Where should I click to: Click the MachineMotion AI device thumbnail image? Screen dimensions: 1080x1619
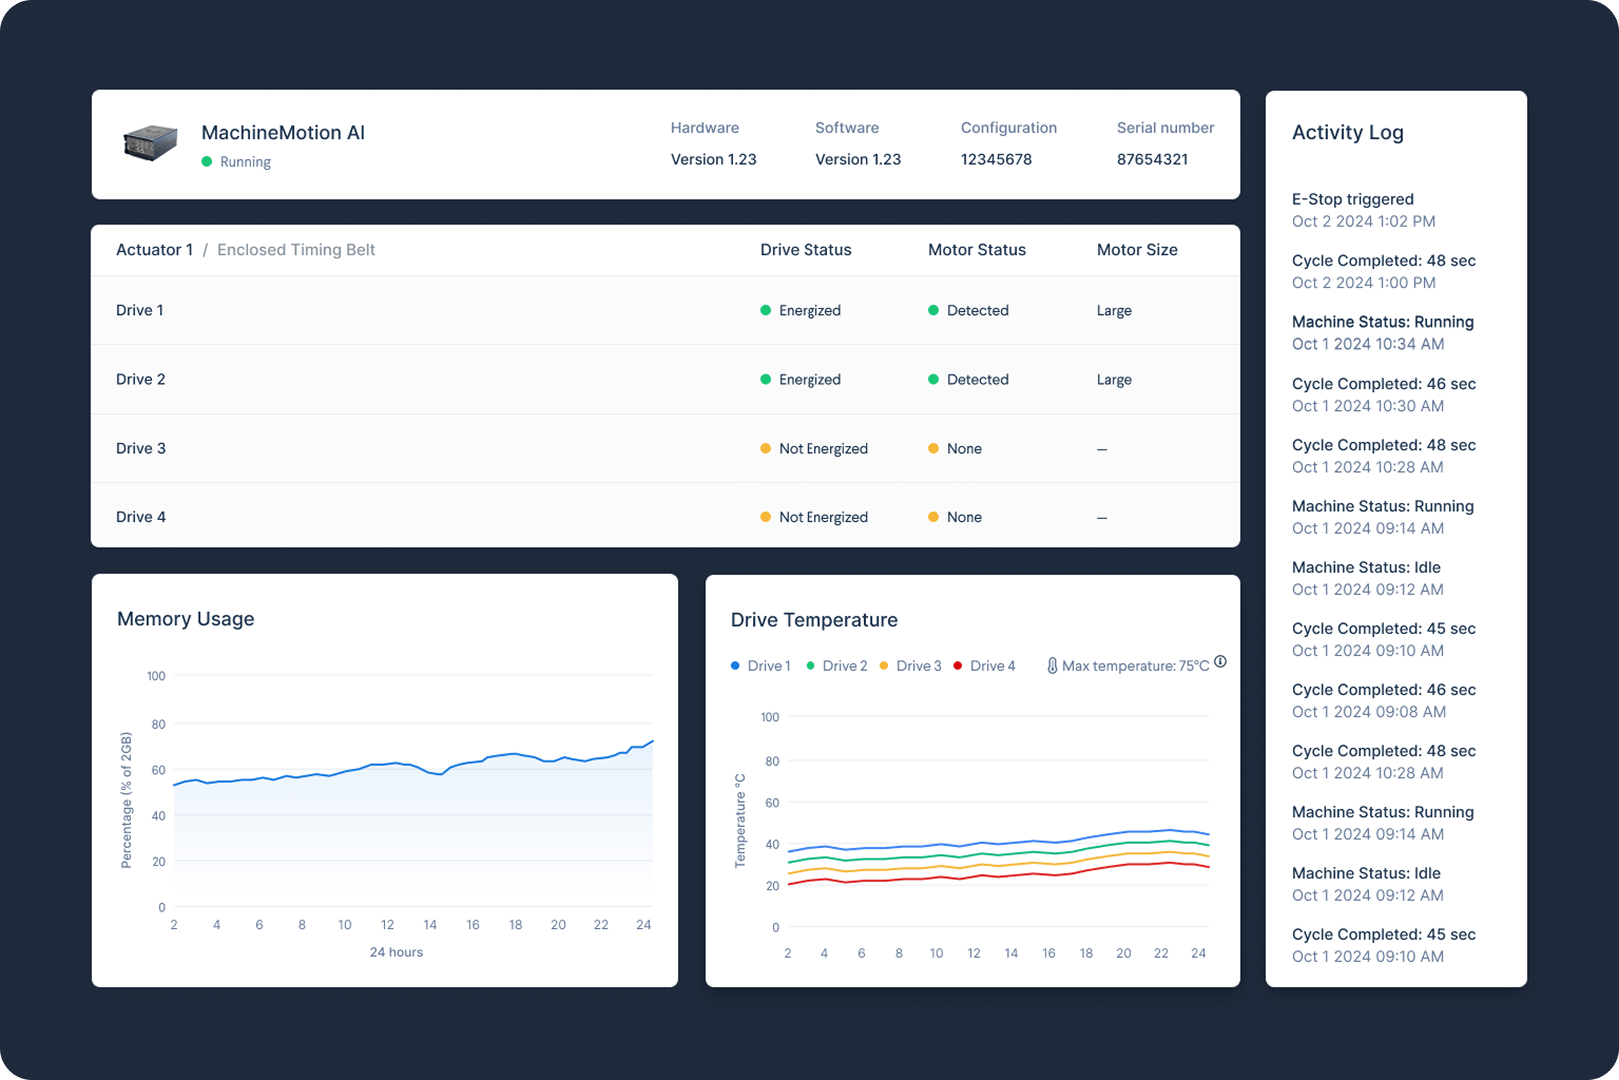(150, 143)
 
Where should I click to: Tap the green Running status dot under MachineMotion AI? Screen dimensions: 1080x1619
(207, 162)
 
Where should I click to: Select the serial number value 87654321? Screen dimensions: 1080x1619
(1152, 159)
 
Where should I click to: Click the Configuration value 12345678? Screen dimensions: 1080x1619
(996, 159)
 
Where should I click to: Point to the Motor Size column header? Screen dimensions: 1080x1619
(1137, 250)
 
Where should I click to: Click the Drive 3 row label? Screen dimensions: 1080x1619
(141, 448)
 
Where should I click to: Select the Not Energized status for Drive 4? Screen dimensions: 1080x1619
(822, 517)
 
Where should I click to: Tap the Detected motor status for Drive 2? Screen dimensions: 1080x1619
(977, 380)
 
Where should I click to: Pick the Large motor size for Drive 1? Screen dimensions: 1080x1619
(1114, 311)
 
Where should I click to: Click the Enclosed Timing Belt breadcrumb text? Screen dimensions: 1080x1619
(296, 250)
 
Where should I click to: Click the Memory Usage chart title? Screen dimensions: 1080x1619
(186, 619)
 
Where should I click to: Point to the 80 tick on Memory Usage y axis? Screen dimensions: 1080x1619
(158, 724)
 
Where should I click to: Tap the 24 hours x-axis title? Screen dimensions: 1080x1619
(396, 952)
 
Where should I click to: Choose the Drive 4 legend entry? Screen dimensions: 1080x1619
(991, 666)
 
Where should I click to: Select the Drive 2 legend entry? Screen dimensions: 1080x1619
(844, 666)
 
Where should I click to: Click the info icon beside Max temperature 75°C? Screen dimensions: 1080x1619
(1220, 662)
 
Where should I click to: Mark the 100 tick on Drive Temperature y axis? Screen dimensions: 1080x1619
(769, 717)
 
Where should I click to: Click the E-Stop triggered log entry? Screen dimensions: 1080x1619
(1352, 199)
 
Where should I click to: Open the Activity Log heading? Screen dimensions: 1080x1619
(1347, 132)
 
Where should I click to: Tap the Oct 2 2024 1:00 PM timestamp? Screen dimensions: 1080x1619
(1363, 283)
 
